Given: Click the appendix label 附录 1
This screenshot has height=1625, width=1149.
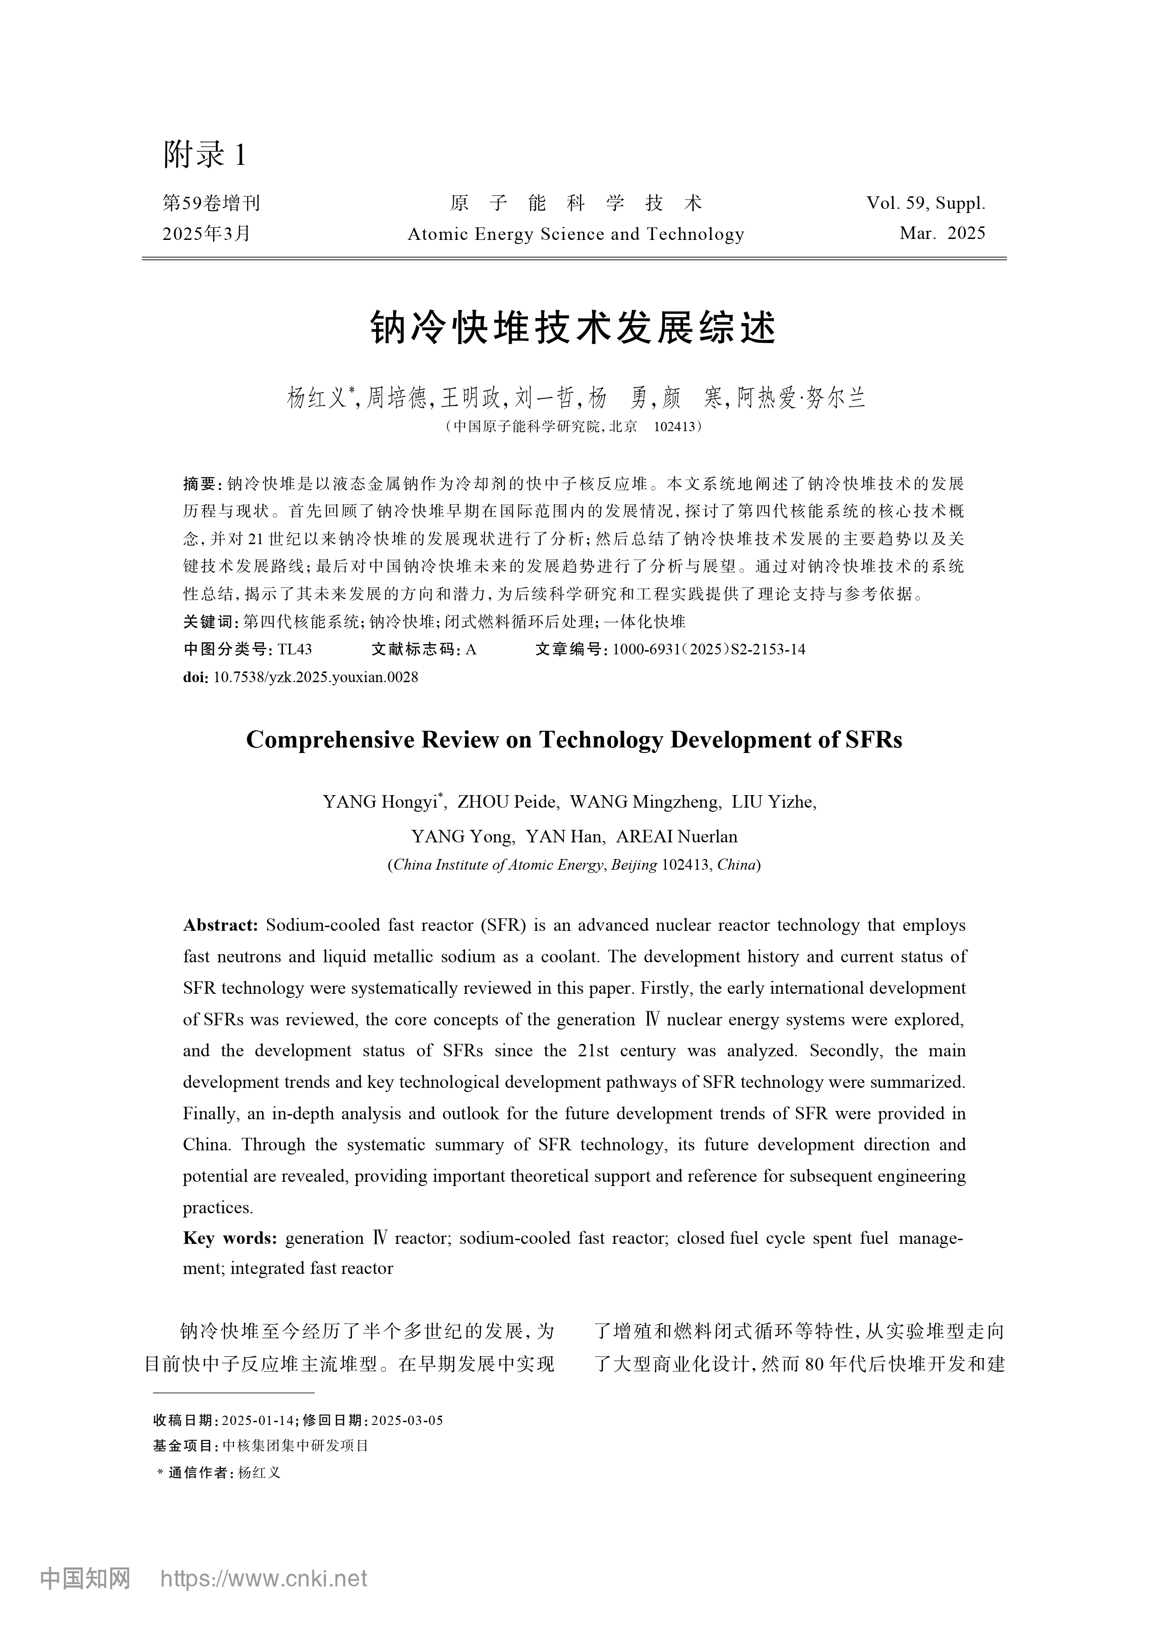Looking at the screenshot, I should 205,154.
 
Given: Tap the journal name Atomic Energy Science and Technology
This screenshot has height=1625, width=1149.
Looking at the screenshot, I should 576,234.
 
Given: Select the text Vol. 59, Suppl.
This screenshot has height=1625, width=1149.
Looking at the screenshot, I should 925,204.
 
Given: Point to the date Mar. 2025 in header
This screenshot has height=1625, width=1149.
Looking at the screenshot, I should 942,233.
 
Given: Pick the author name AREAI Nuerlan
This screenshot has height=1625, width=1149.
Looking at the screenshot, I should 676,836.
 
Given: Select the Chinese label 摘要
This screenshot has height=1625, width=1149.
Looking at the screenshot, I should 199,484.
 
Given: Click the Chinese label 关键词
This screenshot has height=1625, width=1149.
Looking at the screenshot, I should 210,622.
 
